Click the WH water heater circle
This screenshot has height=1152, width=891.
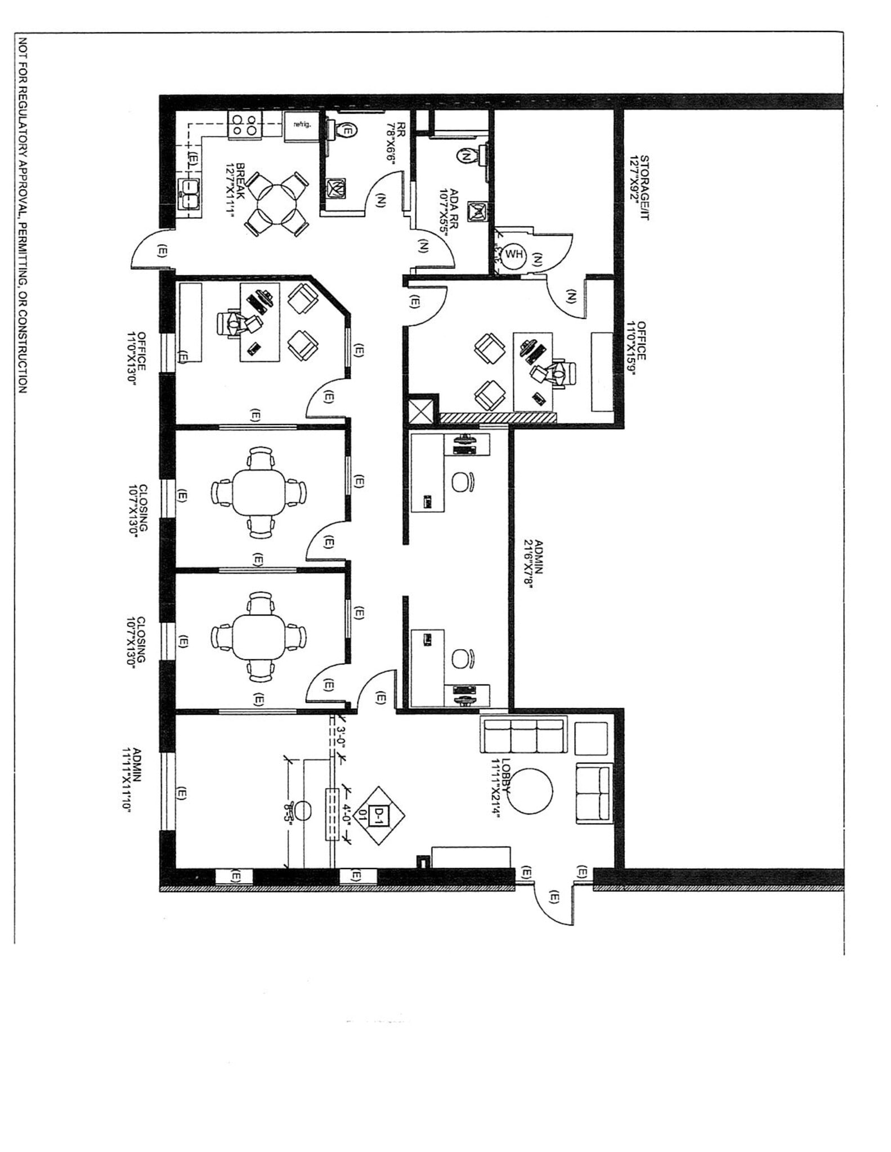[513, 254]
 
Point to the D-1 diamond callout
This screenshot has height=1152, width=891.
[379, 815]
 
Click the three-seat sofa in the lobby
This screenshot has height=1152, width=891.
[522, 736]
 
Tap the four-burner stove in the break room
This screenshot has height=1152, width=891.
[245, 124]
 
